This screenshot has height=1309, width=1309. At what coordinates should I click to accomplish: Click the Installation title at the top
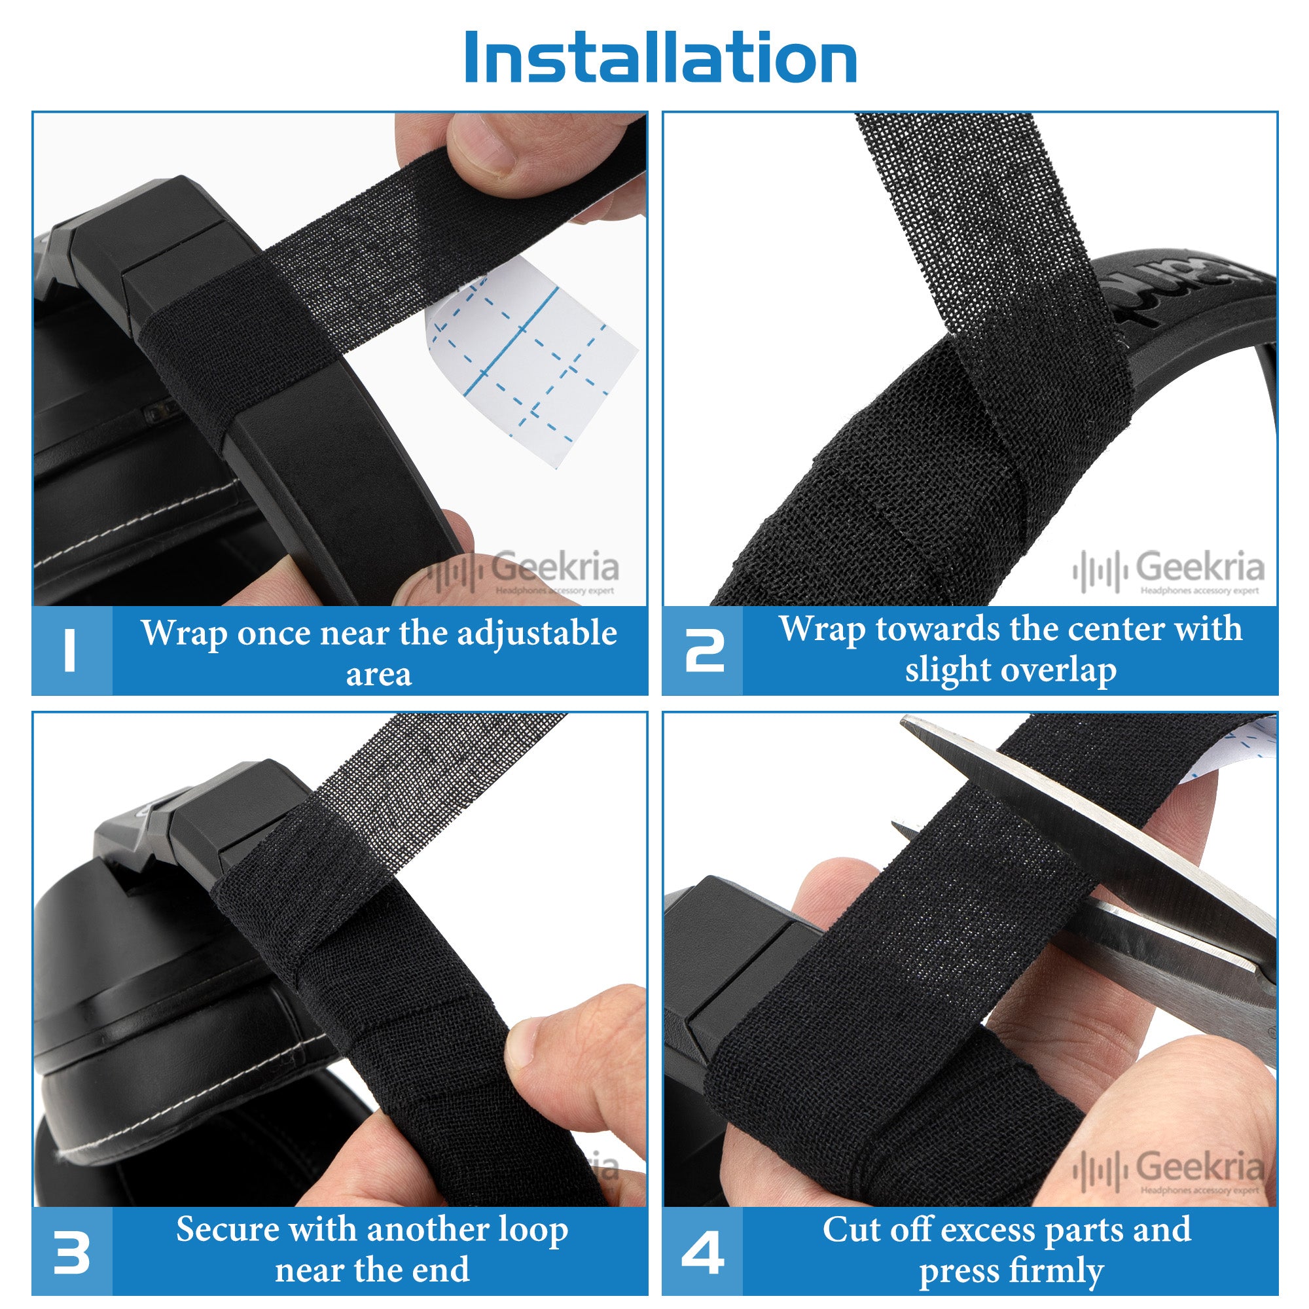coord(660,58)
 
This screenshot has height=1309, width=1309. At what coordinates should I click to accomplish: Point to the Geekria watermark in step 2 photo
coord(1168,571)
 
